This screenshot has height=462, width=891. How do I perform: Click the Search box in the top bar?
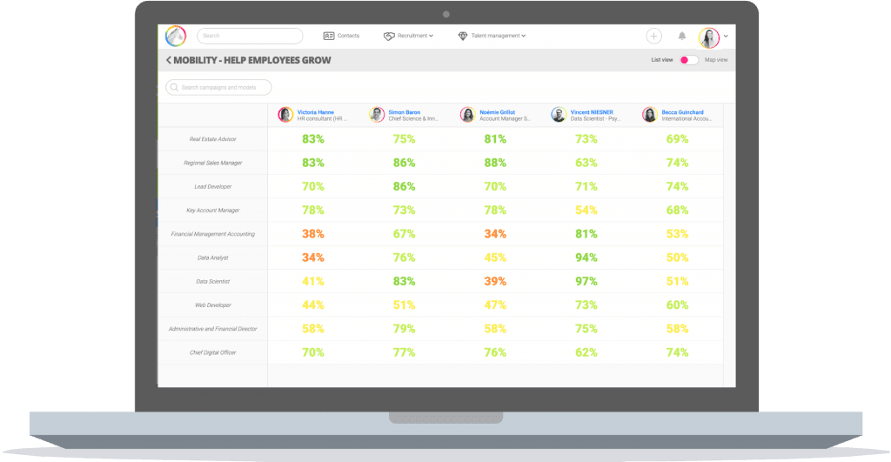[250, 36]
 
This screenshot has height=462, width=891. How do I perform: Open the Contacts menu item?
[341, 36]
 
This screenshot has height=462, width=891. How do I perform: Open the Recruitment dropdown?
[408, 36]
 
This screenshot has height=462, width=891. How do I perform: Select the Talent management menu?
[492, 36]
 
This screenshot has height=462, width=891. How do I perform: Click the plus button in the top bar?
[654, 36]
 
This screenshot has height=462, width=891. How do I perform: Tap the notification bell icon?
[682, 36]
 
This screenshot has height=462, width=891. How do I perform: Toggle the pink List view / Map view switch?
[688, 60]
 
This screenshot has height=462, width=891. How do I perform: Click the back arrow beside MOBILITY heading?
[168, 60]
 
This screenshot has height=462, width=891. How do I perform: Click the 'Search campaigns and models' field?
[218, 87]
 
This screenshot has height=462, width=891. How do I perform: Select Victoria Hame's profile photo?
[285, 115]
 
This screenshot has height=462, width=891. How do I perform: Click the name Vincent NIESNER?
[592, 112]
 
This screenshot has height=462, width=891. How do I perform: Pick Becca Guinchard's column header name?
[684, 112]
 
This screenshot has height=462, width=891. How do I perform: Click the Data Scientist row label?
[213, 282]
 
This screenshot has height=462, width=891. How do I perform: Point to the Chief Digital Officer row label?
[213, 352]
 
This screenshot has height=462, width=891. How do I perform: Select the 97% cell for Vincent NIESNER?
[586, 282]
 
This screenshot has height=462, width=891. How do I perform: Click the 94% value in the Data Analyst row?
[586, 258]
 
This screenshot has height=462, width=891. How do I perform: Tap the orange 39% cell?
[495, 282]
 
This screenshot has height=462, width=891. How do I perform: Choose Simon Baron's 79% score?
[404, 329]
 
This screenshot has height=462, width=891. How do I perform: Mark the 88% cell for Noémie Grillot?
[495, 163]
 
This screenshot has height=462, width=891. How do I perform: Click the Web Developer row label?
[213, 305]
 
